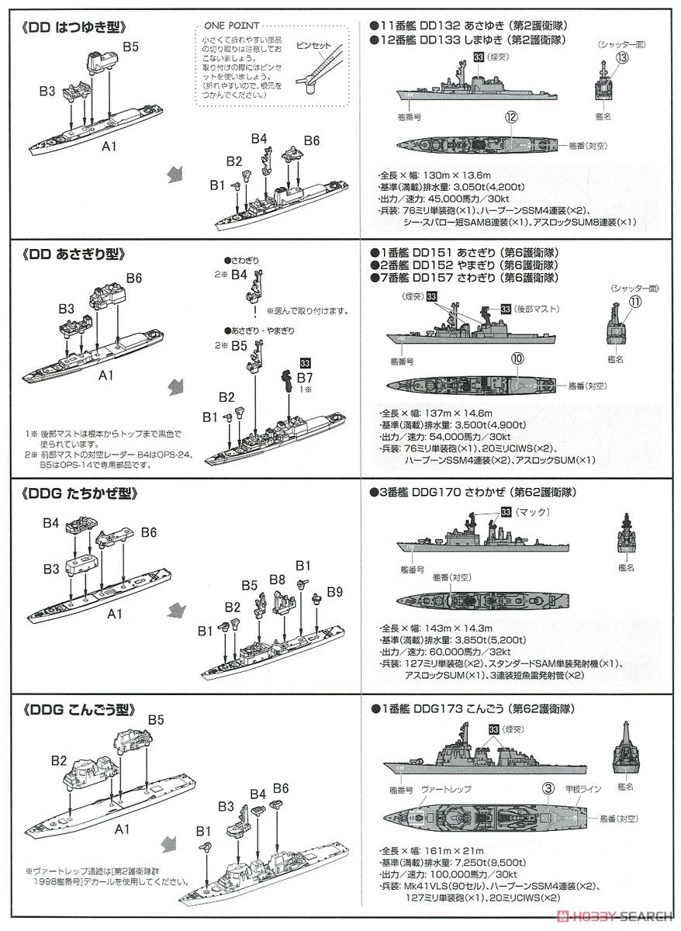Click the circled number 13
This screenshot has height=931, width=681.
pos(621,57)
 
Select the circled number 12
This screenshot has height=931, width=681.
pos(510,117)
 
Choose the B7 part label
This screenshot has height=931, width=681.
pos(306,377)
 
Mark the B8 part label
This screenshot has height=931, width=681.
pos(277,580)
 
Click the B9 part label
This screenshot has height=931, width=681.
pos(334,592)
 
